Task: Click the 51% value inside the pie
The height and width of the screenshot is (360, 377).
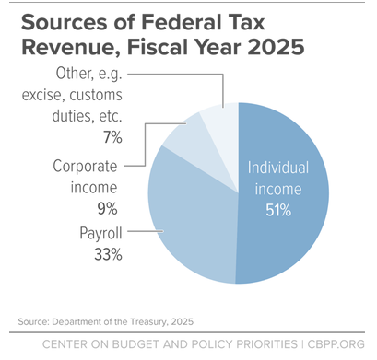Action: click(x=278, y=211)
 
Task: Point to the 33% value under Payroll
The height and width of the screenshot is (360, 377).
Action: click(x=108, y=254)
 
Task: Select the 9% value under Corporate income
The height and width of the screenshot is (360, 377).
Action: click(x=108, y=209)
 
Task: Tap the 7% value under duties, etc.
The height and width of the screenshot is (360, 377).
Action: click(x=112, y=137)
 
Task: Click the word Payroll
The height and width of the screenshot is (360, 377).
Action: click(x=100, y=233)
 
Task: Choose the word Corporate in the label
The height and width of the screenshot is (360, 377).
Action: click(x=85, y=167)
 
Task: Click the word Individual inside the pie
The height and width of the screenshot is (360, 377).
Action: click(x=278, y=168)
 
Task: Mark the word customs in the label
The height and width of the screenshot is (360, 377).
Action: click(x=96, y=95)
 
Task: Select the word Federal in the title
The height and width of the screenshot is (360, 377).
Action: click(x=181, y=22)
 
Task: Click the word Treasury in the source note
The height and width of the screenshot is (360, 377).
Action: click(x=148, y=321)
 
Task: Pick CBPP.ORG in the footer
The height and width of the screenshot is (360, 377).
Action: click(x=336, y=344)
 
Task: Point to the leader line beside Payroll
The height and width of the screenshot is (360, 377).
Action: click(x=146, y=231)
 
